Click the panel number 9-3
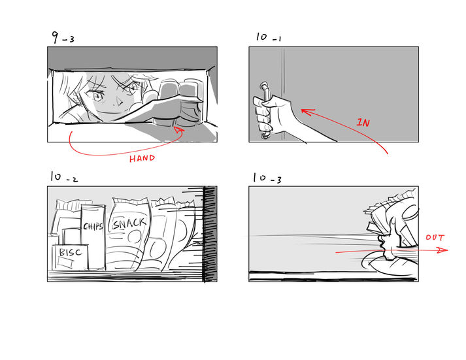coord(63,38)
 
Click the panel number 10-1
coord(269,37)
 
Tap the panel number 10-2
coord(64,177)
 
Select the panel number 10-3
coord(267,178)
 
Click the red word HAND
coord(142,158)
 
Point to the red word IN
coord(363,122)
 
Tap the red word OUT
coord(435,238)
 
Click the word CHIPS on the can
coord(93,226)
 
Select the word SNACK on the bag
coord(129,223)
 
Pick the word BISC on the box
coord(71,252)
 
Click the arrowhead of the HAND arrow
coord(179,131)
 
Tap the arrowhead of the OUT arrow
coord(442,250)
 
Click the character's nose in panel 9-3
coord(119,103)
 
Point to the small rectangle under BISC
coord(65,262)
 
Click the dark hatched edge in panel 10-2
coord(210,234)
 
